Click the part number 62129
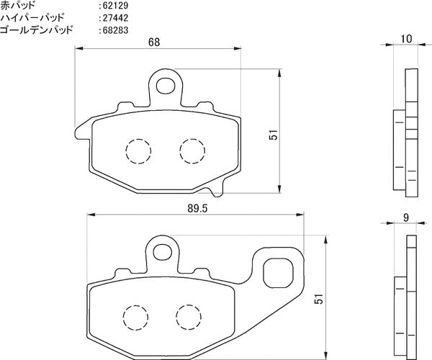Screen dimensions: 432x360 pos(116,6)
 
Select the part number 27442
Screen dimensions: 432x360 pos(116,18)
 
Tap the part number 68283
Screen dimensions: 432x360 pos(116,30)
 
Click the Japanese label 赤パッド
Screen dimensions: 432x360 pos(18,5)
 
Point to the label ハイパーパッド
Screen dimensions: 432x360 pos(32,17)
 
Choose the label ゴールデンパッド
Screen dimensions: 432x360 pos(37,30)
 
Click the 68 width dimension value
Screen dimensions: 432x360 pos(154,42)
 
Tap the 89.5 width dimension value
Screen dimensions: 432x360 pos(197,209)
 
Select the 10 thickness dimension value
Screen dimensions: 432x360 pos(406,39)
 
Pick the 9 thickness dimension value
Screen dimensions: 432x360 pos(406,217)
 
